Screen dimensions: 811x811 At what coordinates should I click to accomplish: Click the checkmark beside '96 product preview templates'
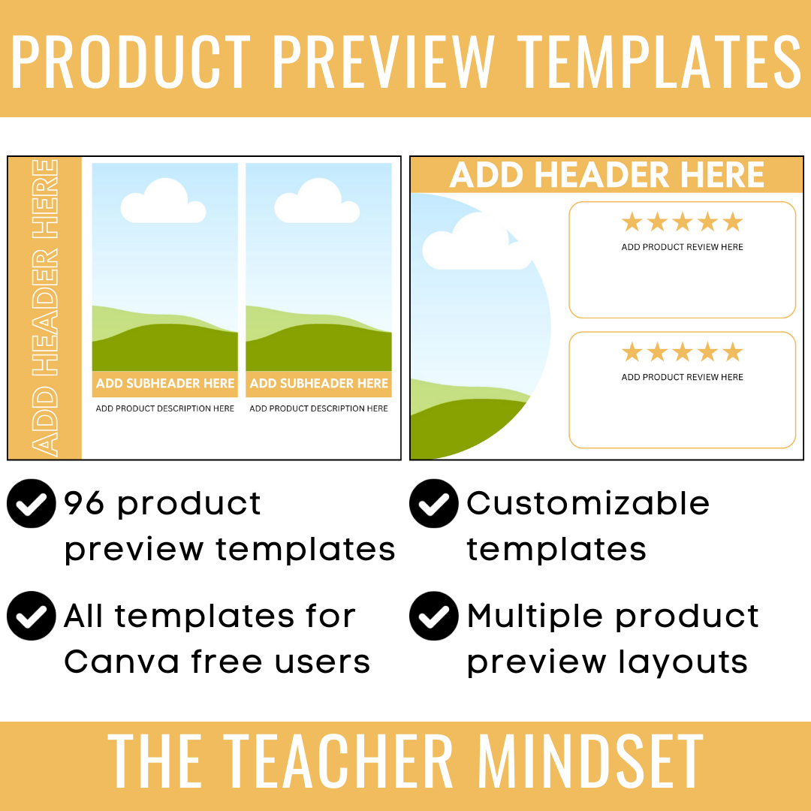[x=32, y=503]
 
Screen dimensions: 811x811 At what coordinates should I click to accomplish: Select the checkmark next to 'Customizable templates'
[x=434, y=503]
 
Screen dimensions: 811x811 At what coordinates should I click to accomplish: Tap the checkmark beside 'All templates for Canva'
[x=32, y=616]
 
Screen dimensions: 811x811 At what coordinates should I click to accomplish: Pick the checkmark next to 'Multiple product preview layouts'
[x=434, y=616]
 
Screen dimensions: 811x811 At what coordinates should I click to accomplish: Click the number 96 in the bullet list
[x=84, y=503]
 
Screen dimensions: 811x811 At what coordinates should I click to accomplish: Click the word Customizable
[x=588, y=504]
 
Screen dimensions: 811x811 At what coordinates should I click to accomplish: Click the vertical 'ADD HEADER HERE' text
[x=45, y=308]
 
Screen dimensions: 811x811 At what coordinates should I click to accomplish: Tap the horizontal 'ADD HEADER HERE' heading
[x=607, y=176]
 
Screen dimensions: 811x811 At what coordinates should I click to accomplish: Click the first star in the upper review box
[x=632, y=222]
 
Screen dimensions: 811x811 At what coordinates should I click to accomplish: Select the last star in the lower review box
[x=732, y=352]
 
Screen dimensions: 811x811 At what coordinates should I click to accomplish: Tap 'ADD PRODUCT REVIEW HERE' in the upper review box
[x=682, y=247]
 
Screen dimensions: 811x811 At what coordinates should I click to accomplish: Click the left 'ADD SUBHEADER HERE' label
[x=165, y=384]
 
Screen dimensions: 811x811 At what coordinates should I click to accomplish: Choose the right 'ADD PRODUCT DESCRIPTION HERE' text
[x=318, y=409]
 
